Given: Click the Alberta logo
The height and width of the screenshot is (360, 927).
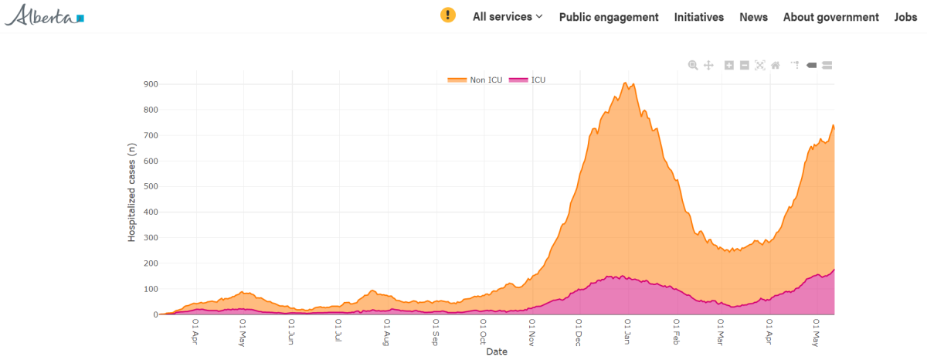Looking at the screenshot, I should (45, 15).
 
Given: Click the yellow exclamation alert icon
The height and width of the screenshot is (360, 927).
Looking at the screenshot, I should (448, 15).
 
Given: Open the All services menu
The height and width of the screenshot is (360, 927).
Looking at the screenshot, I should (508, 17).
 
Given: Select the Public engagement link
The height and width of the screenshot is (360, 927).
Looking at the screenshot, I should (609, 17).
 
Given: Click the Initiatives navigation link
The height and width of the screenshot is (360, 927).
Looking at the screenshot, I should (699, 17).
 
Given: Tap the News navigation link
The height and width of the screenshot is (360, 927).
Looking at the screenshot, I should (753, 17).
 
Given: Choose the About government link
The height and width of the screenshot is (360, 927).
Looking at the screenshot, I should (830, 17).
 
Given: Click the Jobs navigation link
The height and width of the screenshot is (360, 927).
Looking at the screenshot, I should (905, 17).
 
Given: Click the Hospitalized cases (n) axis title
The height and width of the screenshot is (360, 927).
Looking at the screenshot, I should (132, 196).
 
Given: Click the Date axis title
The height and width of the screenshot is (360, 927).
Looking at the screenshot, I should (497, 352).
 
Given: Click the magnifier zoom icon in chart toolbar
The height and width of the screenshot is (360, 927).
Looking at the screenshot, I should (693, 66).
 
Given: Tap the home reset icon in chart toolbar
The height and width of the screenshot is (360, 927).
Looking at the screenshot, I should (775, 66).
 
